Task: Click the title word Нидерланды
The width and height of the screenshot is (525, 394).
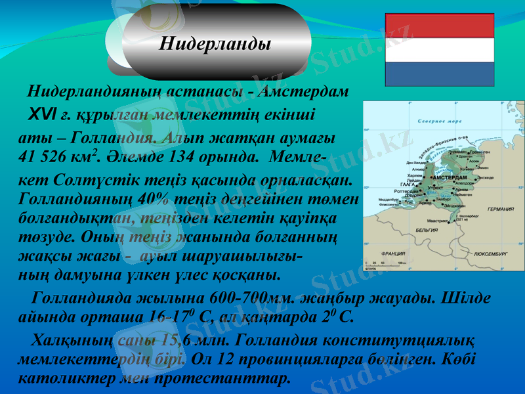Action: pos(216,45)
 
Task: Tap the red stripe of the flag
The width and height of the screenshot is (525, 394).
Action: pos(438,25)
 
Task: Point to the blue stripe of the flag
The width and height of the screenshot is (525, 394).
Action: pos(438,74)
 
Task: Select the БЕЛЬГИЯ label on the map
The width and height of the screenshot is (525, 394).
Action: pos(427,230)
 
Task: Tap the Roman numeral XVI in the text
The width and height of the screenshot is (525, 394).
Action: pos(42,115)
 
